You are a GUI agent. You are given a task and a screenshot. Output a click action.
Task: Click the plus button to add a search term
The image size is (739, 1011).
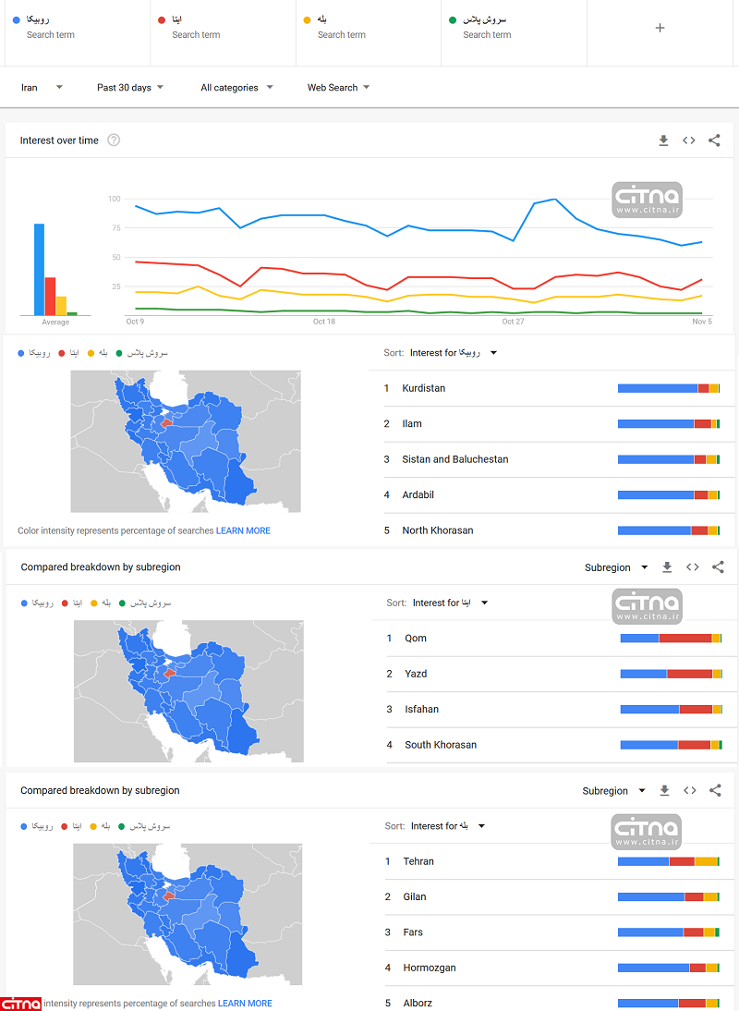[660, 28]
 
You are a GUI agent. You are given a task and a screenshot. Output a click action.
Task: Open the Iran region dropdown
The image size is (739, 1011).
[42, 88]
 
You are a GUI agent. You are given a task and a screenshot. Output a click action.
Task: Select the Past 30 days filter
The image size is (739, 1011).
[129, 88]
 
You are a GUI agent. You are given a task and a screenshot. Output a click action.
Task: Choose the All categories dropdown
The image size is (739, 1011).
[236, 88]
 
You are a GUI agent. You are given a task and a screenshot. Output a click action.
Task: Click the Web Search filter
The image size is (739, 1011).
[338, 88]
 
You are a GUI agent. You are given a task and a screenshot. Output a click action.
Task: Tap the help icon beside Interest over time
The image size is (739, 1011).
[114, 140]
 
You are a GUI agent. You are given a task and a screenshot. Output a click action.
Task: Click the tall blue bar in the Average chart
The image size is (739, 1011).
[39, 269]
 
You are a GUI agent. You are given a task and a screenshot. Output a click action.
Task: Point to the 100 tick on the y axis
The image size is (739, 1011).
[115, 199]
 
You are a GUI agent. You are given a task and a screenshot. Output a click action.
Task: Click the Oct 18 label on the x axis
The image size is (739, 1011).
[324, 322]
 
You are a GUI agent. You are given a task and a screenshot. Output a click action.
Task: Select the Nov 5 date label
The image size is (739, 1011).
[702, 322]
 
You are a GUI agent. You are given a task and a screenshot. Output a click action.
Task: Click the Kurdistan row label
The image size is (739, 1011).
[423, 388]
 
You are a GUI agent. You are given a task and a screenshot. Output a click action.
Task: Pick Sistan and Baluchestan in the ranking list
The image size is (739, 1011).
[454, 459]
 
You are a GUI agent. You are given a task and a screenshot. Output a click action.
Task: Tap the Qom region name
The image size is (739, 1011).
[416, 639]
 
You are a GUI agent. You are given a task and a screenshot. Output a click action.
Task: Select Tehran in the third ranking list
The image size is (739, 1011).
[418, 861]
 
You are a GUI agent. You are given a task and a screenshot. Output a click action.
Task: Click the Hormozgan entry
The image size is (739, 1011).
[430, 968]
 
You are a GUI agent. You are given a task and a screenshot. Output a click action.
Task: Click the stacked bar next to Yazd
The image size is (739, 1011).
[671, 674]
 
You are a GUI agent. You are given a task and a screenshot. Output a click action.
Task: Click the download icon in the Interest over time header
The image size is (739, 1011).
[663, 140]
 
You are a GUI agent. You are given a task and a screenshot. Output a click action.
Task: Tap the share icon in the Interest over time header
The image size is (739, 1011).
[714, 140]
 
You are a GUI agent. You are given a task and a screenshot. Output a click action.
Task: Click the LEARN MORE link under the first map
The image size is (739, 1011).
[243, 531]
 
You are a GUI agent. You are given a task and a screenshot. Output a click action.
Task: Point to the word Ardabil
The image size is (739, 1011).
[418, 495]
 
